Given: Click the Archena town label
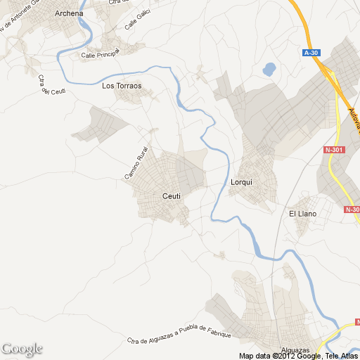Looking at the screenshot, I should tap(69, 13).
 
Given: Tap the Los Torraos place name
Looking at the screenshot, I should tap(122, 86).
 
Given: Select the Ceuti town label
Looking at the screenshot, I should tap(172, 196).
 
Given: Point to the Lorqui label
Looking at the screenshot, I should tap(241, 181).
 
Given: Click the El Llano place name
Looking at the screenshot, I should tap(303, 214).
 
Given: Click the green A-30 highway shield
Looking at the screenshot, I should tap(311, 53).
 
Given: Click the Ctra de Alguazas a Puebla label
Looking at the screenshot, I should tap(180, 334).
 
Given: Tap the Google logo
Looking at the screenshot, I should tap(22, 349).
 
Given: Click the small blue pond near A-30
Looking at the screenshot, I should tap(269, 70).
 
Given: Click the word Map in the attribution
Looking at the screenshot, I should tap(247, 356).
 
